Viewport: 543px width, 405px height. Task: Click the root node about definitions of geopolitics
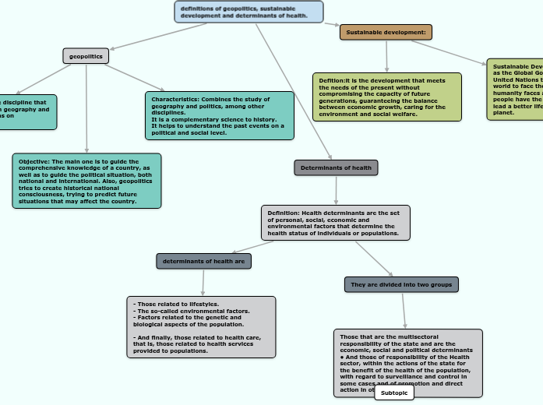tap(249, 12)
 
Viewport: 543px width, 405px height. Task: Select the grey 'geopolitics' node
tap(86, 56)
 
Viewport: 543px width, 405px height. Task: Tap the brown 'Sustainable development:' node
tap(386, 32)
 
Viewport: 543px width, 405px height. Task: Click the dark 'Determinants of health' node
tap(336, 167)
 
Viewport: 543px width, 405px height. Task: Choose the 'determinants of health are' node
tap(204, 262)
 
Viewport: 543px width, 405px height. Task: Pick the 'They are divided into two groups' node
tap(401, 285)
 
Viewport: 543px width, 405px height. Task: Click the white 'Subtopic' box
tap(394, 393)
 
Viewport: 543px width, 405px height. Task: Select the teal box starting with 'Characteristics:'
tap(220, 116)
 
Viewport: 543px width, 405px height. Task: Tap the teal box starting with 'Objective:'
tap(86, 181)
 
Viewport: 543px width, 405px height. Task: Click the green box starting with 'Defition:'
tap(386, 97)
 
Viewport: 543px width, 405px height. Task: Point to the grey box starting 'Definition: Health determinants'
tap(335, 223)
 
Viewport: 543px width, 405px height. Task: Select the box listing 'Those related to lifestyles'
tap(201, 327)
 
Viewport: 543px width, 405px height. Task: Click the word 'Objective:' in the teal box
tap(34, 161)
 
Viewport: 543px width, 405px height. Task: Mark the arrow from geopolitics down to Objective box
tap(86, 109)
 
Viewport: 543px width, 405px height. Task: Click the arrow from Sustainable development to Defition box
tap(386, 56)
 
